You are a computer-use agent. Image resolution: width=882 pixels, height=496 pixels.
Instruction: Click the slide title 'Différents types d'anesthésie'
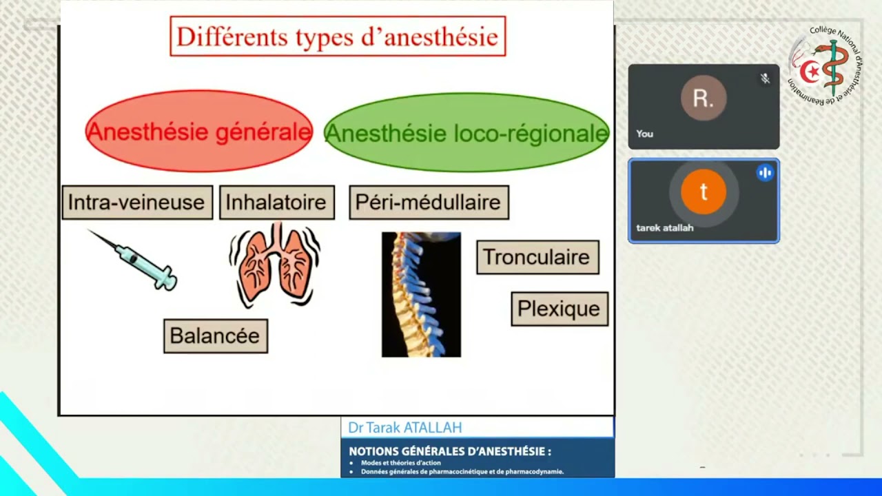point(338,37)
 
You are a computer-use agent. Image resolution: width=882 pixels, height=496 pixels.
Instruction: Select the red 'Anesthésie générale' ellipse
point(198,132)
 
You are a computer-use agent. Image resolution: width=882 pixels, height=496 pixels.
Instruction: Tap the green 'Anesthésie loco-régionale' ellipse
point(466,133)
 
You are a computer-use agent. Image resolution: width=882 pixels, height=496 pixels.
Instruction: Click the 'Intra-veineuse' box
point(137,203)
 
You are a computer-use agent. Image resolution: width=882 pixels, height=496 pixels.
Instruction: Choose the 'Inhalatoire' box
point(276,203)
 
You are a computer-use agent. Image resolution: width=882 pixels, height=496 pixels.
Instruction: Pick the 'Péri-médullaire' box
point(429,203)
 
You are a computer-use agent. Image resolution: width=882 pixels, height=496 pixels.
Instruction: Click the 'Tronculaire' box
point(537,257)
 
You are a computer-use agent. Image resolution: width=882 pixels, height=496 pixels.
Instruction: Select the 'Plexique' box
point(559,309)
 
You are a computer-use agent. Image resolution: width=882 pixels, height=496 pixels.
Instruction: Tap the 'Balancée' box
point(215,335)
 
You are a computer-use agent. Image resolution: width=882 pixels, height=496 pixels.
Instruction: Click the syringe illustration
point(134,260)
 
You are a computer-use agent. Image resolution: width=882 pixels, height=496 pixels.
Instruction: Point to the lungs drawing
point(275,265)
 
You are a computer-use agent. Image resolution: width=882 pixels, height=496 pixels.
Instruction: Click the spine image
point(421,294)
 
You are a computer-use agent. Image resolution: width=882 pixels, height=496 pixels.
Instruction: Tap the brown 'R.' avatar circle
point(704,99)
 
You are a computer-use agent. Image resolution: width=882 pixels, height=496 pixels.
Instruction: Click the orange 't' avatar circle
point(704,192)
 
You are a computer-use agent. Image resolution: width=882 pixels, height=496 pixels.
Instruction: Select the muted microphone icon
point(765,79)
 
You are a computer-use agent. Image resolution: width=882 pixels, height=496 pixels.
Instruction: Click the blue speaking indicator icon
point(765,173)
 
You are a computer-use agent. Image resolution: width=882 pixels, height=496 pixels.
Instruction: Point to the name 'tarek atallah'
point(664,228)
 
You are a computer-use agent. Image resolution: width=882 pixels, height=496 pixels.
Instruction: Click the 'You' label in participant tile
point(645,134)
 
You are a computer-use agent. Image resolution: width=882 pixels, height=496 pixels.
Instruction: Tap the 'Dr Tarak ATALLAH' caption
point(404,428)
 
